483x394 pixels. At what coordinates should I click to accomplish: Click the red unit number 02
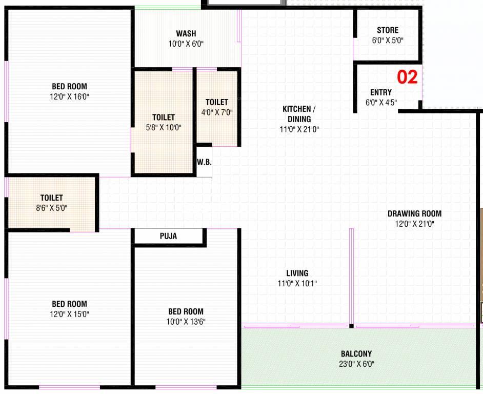[407, 77]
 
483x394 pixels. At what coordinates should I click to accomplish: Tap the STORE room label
[388, 30]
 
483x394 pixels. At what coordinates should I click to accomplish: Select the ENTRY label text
[381, 92]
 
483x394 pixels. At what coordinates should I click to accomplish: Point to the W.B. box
[204, 162]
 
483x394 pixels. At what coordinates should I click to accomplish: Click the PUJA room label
[168, 236]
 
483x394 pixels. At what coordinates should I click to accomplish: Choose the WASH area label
[186, 33]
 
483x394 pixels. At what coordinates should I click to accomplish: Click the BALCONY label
[356, 353]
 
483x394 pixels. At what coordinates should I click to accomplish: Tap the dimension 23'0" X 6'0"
[356, 364]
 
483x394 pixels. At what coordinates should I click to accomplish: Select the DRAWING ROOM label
[415, 213]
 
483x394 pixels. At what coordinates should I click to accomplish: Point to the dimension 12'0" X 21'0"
[415, 224]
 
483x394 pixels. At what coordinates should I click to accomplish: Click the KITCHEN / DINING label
[299, 114]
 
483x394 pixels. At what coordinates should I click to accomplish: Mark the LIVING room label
[297, 273]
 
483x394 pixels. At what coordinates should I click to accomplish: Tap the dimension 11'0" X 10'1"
[297, 283]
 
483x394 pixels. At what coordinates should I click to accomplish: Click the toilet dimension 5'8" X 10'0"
[164, 127]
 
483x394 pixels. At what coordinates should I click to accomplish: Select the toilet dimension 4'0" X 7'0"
[217, 112]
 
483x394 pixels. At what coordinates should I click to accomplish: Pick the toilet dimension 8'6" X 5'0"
[51, 208]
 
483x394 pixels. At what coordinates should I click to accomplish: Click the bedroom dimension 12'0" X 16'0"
[69, 96]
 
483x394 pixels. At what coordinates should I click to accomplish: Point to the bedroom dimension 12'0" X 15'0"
[69, 314]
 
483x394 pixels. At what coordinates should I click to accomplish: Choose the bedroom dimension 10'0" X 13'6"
[186, 322]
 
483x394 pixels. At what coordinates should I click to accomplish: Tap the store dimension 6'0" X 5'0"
[388, 41]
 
